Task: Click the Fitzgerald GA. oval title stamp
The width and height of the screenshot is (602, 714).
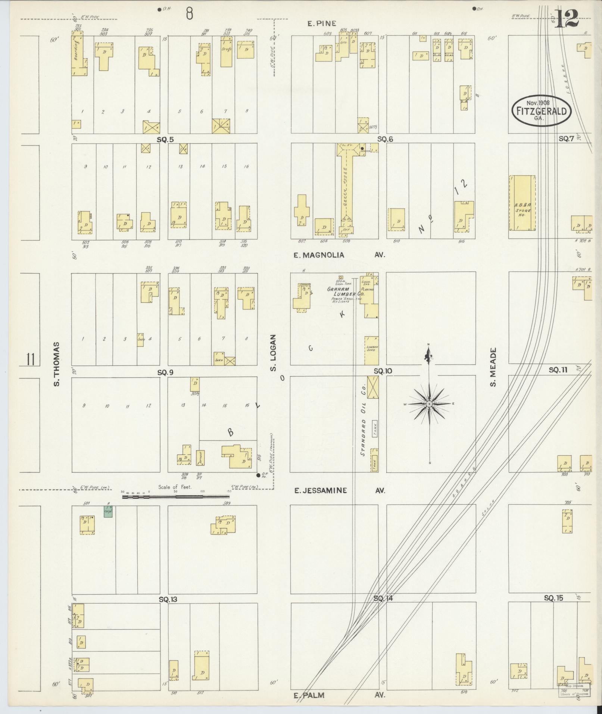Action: [541, 110]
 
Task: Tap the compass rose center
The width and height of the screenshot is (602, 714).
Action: [429, 404]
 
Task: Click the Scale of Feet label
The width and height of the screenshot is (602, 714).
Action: [175, 487]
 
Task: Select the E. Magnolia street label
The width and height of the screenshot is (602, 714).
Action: [318, 255]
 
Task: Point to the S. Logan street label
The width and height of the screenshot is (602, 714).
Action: [273, 353]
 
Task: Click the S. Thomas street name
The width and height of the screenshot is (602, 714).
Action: [57, 364]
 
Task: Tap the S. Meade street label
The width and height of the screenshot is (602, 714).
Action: [493, 367]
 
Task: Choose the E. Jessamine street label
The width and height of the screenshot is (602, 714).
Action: [321, 490]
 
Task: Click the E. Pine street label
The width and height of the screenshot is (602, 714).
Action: [322, 24]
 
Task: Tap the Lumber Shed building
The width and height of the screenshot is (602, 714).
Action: [372, 350]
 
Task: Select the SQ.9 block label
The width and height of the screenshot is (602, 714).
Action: [165, 372]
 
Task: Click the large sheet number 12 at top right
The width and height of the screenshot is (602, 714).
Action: [566, 18]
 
